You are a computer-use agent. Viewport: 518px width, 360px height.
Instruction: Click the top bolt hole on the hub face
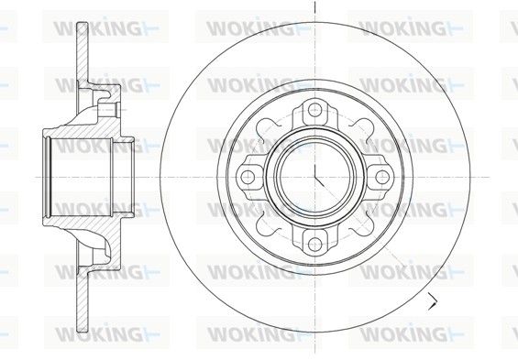coord(314,109)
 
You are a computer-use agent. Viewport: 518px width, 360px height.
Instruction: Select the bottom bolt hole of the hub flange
coord(314,244)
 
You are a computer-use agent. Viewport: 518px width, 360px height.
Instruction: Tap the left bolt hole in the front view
coord(248,177)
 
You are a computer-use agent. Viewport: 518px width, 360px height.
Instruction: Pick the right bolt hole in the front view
coord(382,177)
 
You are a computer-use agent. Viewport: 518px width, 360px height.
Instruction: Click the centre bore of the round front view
coord(314,177)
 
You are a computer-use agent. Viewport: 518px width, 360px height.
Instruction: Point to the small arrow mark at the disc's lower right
coord(433,300)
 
